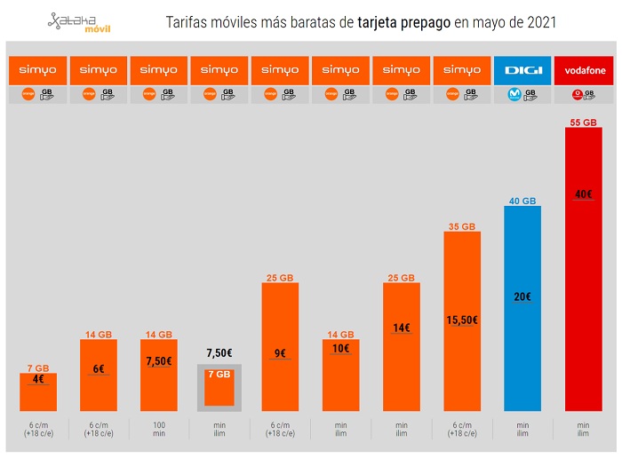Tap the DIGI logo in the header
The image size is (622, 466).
point(522,70)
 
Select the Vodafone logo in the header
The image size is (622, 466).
point(583,70)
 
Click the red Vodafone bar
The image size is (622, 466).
point(584,284)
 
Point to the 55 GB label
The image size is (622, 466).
point(583,122)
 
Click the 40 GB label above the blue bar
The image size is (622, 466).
point(522,201)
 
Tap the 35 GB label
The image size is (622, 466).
point(461,226)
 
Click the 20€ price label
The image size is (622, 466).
point(522,296)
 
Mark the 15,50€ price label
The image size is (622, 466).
point(461,320)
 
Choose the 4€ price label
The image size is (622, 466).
point(38,380)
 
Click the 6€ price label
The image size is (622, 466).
point(99,369)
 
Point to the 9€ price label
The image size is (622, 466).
point(280,353)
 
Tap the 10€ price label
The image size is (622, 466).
point(340,348)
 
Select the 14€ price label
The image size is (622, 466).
point(401,328)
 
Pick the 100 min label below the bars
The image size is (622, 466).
point(159,429)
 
